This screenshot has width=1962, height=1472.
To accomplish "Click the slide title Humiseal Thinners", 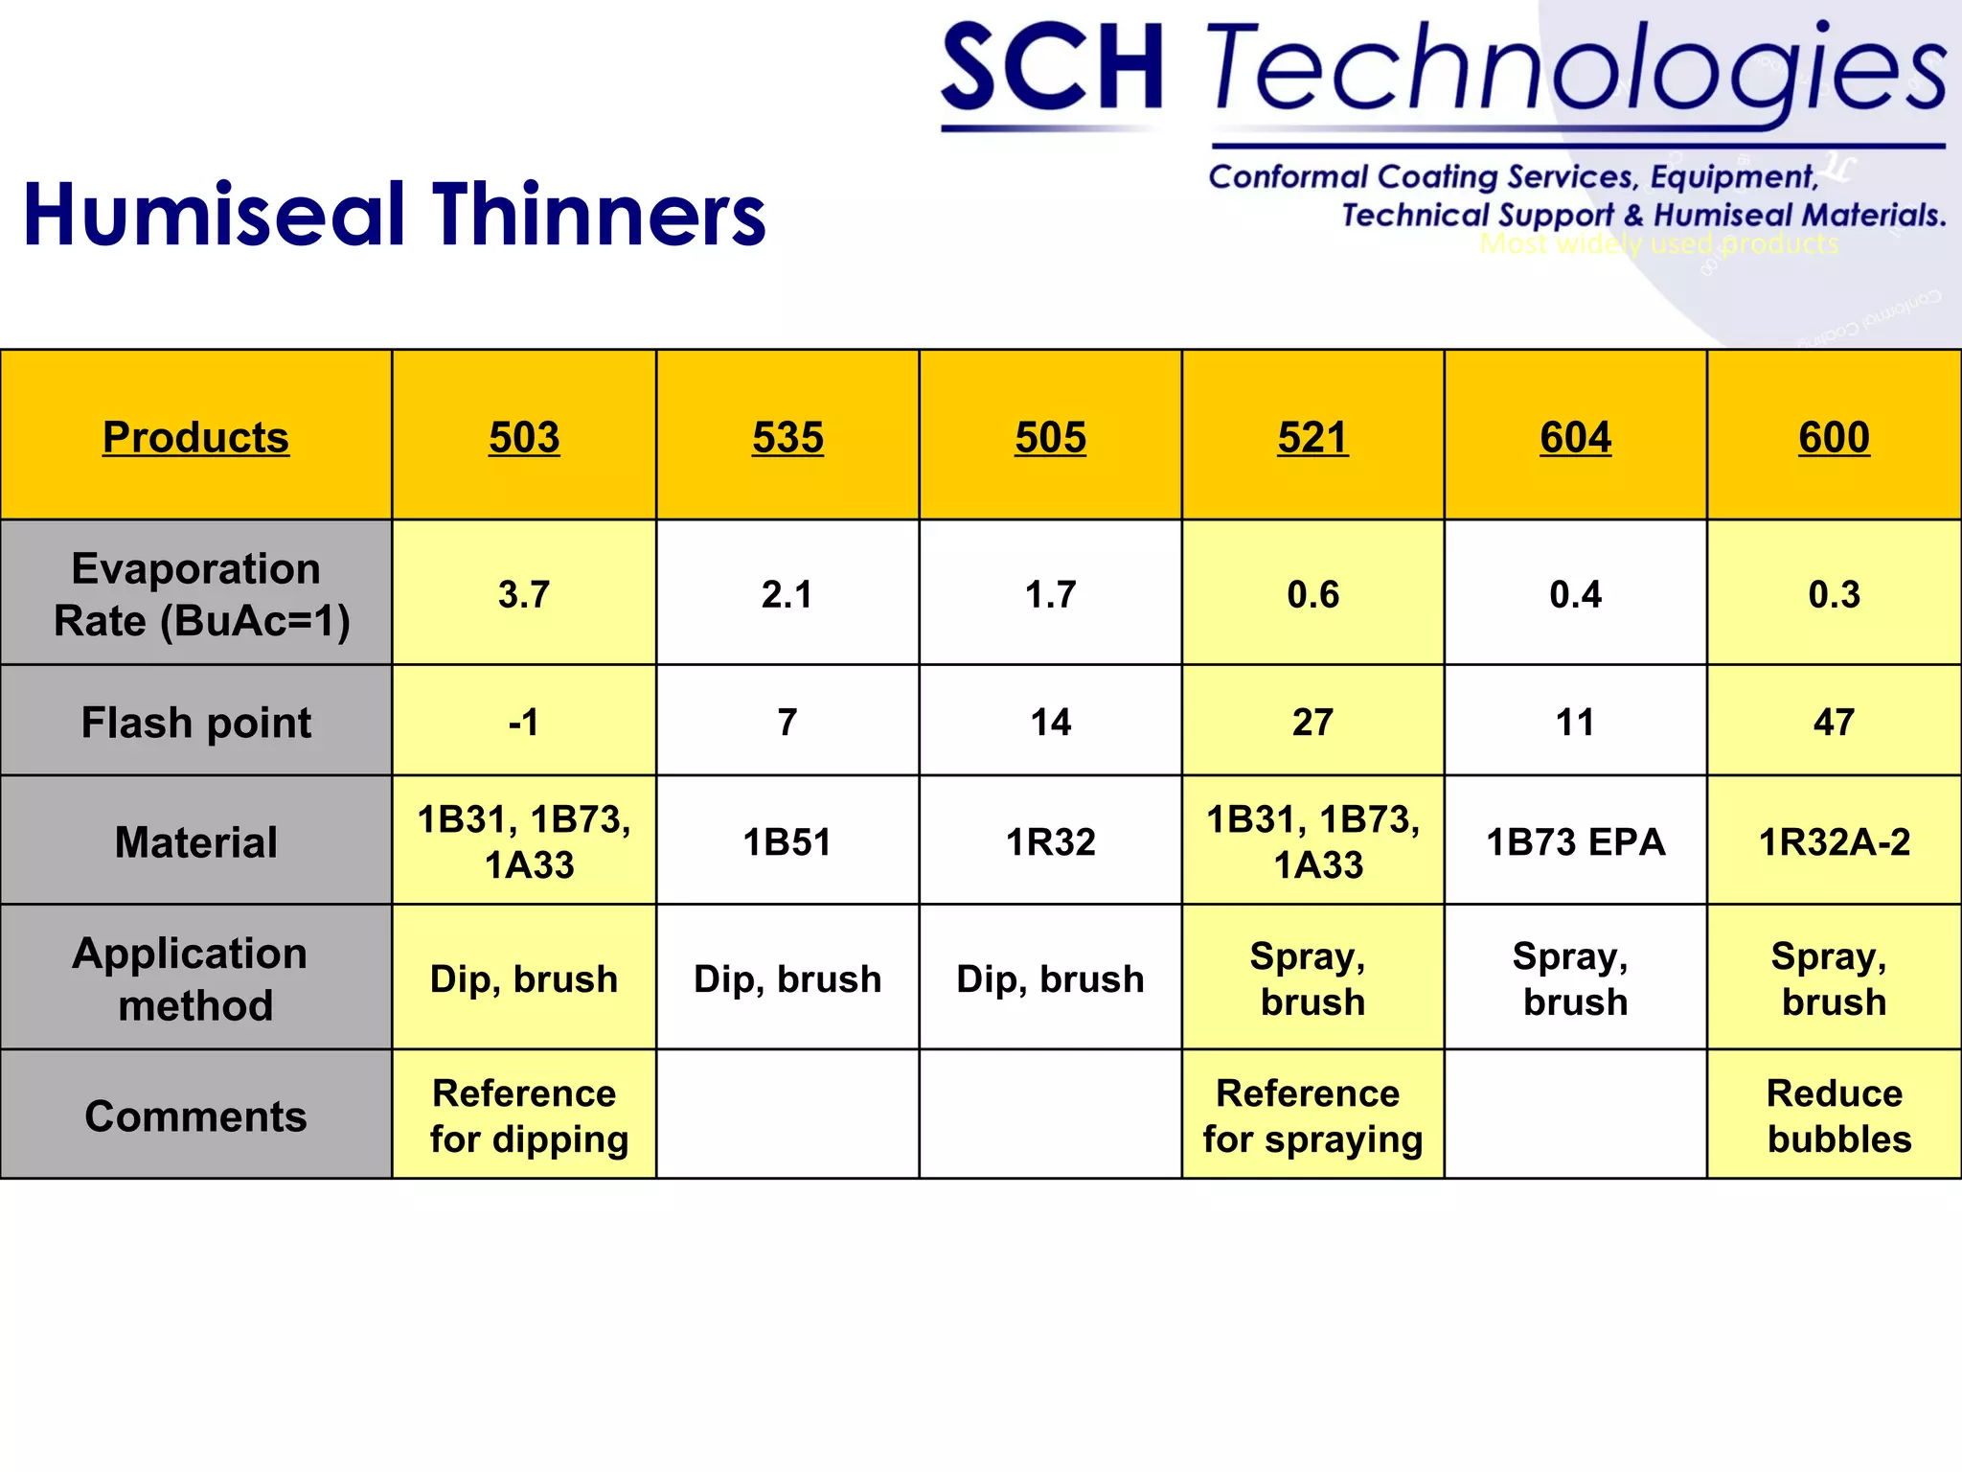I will pos(394,214).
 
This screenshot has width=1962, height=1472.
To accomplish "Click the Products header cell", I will pos(195,437).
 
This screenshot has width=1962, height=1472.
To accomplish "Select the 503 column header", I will pos(524,437).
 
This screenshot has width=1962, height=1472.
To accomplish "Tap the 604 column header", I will pos(1575,437).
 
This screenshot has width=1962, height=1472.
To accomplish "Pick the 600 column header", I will pos(1834,437).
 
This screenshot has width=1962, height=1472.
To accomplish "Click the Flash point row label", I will pos(195,722).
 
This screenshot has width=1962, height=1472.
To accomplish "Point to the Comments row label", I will pos(195,1115).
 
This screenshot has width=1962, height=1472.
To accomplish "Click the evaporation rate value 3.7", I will pos(524,594).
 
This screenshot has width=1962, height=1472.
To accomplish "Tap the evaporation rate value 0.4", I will pos(1575,594).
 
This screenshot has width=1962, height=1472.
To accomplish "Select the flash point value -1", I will pos(524,722).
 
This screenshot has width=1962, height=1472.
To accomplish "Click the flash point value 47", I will pos(1834,722).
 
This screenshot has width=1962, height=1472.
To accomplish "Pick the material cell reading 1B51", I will pos(787,841).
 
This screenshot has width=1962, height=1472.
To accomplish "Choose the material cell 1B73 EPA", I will pos(1575,841).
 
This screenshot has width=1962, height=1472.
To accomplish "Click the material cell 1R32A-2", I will pos(1834,841).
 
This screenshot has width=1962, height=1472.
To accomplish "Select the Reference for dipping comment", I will pos(527,1115).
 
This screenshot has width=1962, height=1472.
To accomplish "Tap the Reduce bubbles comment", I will pos(1837,1115).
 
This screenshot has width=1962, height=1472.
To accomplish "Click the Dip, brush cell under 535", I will pos(787,978).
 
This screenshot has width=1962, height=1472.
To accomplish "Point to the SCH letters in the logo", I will pos(1052,67).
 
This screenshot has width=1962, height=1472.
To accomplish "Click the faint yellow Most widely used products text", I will pos(1658,243).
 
